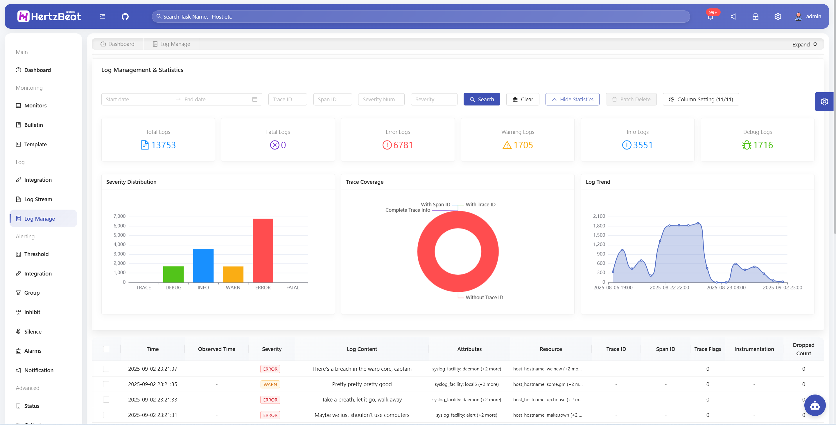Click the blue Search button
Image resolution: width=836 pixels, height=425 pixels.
[482, 99]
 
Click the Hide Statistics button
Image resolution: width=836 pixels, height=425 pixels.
[572, 99]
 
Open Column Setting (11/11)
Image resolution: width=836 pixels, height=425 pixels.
[701, 99]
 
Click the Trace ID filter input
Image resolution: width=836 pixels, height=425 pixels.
[287, 99]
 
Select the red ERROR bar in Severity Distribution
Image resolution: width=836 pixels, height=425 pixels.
[263, 250]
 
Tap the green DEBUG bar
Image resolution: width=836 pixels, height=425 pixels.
[173, 274]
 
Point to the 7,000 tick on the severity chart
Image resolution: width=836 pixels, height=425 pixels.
[119, 216]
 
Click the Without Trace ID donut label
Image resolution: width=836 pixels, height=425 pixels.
[484, 297]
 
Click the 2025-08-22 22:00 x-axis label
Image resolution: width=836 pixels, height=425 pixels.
[669, 287]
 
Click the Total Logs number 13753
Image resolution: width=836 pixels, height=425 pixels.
[163, 145]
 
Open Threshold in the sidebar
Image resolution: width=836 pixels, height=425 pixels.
[36, 254]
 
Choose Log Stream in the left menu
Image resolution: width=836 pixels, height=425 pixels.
[38, 199]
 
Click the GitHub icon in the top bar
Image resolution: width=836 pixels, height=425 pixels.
[125, 17]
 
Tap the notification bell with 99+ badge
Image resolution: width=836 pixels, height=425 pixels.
[711, 17]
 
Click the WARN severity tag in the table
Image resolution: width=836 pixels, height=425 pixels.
[270, 384]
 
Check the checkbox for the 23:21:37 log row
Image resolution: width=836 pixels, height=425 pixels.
[106, 369]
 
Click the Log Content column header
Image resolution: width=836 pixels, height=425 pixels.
[362, 349]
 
